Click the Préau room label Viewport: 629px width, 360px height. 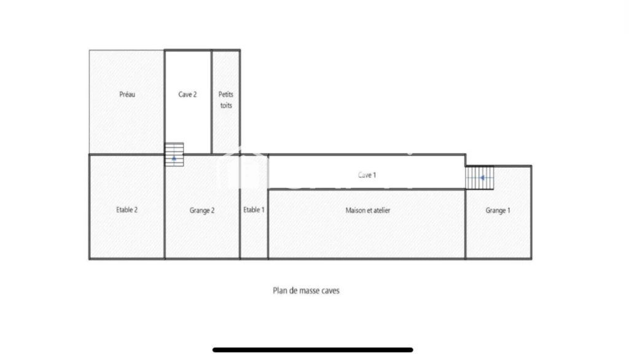click(x=127, y=95)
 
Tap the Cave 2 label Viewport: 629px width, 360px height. click(x=187, y=95)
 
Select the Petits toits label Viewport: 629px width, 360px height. click(x=226, y=100)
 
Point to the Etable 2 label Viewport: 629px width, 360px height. click(x=127, y=209)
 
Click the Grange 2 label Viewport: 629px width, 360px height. click(x=201, y=210)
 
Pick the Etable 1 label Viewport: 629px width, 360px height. click(x=254, y=209)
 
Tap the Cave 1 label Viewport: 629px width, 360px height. click(x=367, y=175)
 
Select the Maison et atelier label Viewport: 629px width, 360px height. click(x=368, y=210)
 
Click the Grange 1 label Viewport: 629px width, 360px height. click(x=498, y=210)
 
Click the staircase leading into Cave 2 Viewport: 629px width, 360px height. click(x=174, y=155)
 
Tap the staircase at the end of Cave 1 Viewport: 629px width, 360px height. click(x=479, y=178)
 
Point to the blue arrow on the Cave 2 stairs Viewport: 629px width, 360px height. click(x=174, y=158)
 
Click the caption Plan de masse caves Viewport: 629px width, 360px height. click(x=306, y=291)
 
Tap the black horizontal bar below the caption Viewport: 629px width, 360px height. click(x=313, y=350)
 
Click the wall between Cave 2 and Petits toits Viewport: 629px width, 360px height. click(x=212, y=102)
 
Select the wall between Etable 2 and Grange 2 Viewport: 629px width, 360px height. click(x=165, y=206)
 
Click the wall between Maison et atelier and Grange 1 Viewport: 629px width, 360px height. click(x=466, y=224)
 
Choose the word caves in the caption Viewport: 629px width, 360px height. click(x=330, y=291)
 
